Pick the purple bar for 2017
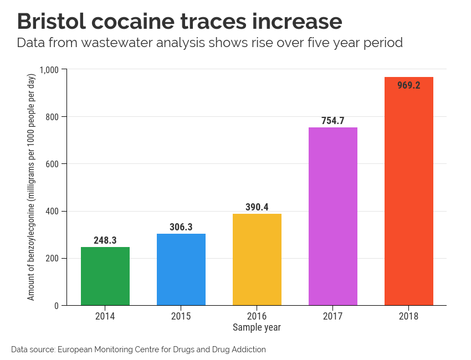333,216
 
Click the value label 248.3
105,241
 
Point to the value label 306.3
181,228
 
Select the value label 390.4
257,207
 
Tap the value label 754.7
333,121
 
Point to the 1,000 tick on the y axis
49,69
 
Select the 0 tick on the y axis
57,306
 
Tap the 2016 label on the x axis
257,317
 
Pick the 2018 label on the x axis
409,317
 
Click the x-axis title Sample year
257,327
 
